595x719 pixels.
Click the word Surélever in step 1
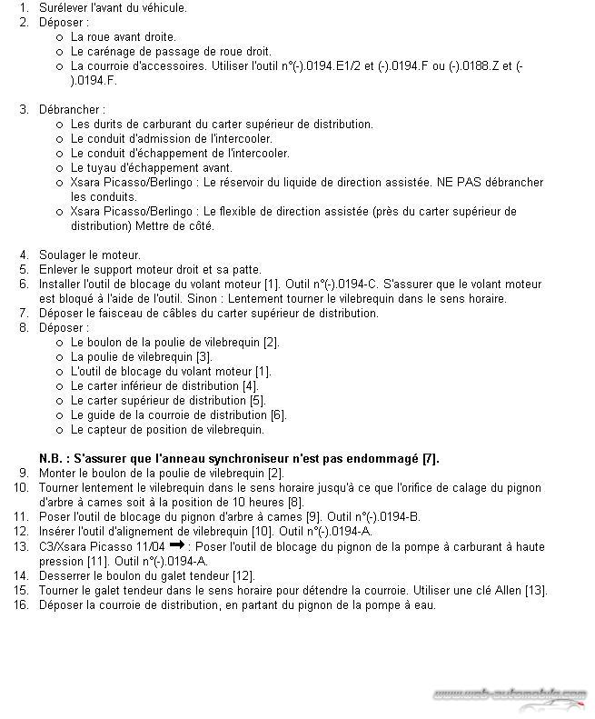tap(64, 7)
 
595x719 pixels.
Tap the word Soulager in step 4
tap(64, 255)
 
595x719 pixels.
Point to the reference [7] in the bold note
tap(431, 458)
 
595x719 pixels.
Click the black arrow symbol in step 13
tap(177, 545)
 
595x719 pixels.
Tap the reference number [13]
tap(535, 590)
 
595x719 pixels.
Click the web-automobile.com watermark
tap(509, 694)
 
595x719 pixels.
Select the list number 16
tap(21, 604)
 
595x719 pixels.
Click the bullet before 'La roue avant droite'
tap(59, 37)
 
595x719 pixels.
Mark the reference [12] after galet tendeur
tap(243, 575)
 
